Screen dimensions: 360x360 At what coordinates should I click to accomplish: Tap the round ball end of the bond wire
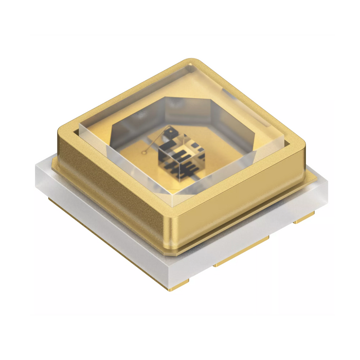pyautogui.click(x=147, y=151)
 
